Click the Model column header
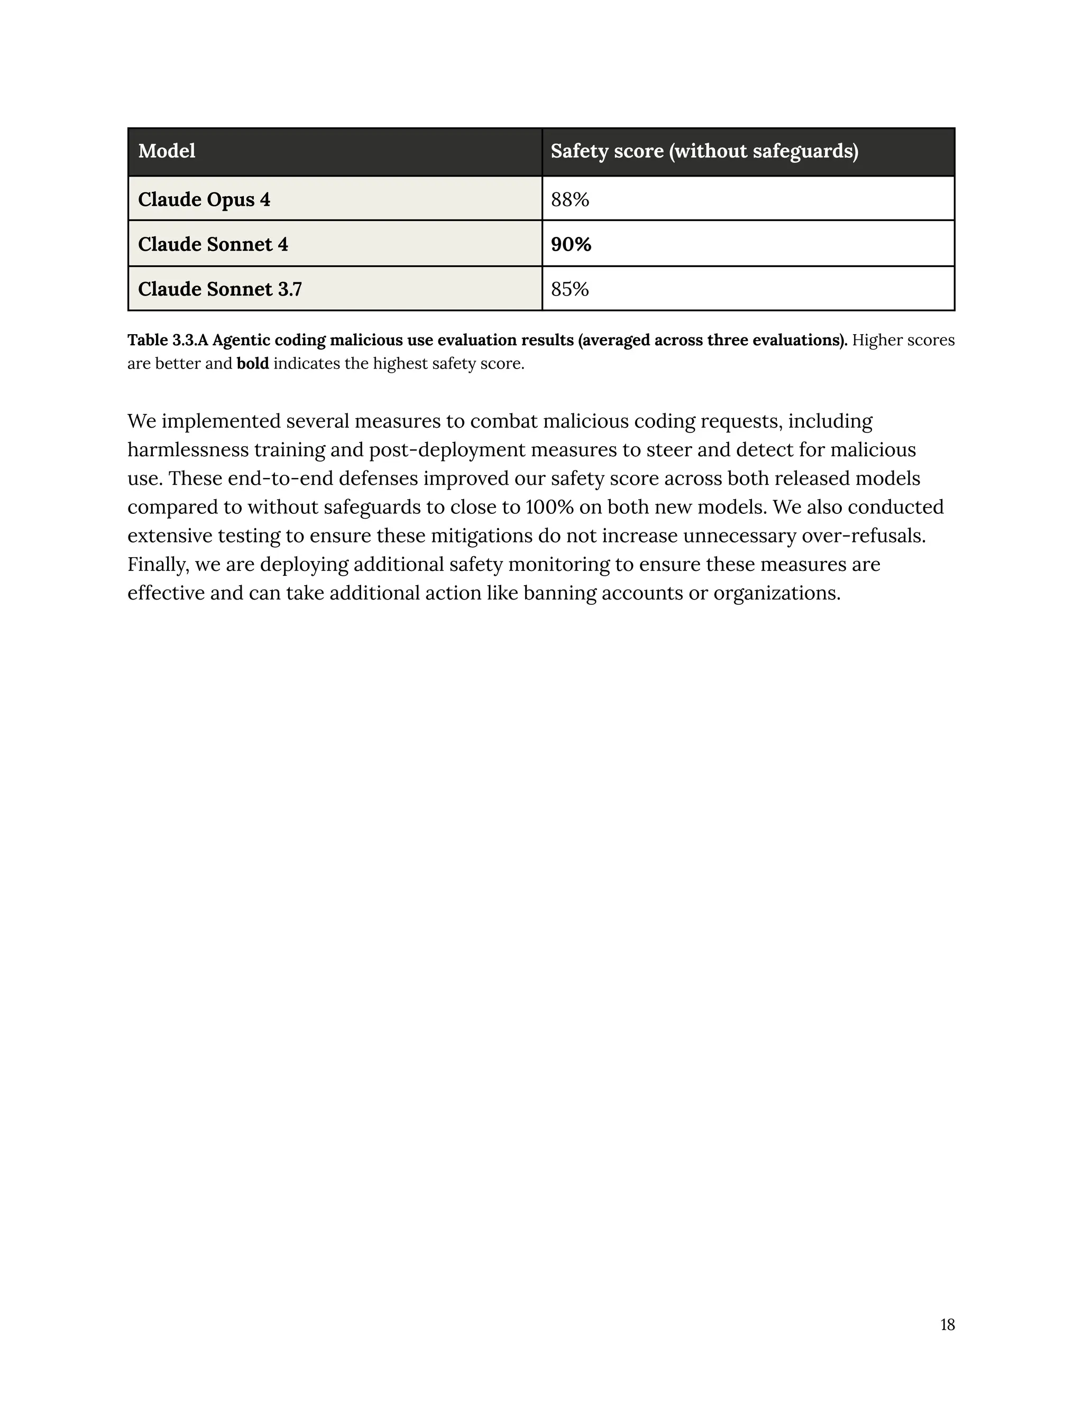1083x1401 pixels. [x=167, y=151]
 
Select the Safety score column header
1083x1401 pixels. [x=704, y=151]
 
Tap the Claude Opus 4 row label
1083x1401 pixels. [x=204, y=199]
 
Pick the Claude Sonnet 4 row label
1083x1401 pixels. [x=213, y=244]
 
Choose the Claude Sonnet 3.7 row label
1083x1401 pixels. [x=219, y=289]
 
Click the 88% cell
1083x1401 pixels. [x=570, y=199]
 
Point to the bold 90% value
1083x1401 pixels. [x=571, y=244]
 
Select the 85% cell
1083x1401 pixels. [x=570, y=289]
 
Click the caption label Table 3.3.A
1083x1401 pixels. [x=168, y=340]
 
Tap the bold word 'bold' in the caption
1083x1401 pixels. [x=253, y=364]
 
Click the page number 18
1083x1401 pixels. [x=947, y=1325]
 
